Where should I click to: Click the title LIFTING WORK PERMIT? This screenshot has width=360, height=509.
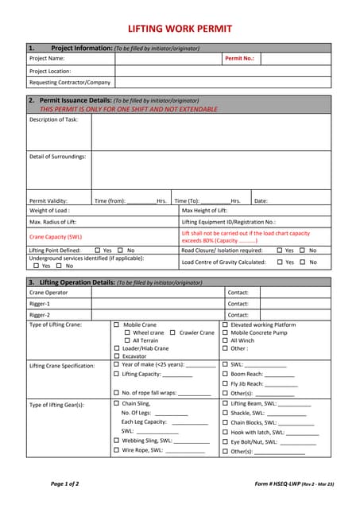click(180, 29)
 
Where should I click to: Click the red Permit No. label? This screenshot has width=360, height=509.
click(239, 59)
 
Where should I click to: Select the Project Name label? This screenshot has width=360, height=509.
click(47, 59)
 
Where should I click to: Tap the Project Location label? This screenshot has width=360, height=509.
click(50, 71)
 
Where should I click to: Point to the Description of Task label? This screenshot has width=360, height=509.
click(54, 119)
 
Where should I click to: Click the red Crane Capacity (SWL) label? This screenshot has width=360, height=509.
click(56, 236)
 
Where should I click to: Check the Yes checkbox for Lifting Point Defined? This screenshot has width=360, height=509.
click(97, 251)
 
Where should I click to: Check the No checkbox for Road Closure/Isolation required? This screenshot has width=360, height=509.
click(302, 251)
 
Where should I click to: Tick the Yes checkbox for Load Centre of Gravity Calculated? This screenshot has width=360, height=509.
click(278, 262)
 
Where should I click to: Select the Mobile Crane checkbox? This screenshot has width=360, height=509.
click(116, 324)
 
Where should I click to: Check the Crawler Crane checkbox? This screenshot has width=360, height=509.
click(173, 332)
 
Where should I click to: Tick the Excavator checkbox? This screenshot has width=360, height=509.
click(116, 356)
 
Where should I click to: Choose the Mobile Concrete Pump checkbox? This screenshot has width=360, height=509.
click(225, 332)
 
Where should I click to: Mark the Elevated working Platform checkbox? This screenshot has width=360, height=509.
click(225, 324)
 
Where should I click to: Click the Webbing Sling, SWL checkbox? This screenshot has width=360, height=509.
click(116, 440)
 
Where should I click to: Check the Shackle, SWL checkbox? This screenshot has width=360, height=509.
click(225, 413)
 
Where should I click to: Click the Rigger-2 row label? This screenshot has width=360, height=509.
click(40, 315)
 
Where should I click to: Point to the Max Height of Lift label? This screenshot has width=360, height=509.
click(204, 210)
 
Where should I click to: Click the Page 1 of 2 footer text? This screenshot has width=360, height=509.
click(64, 484)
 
